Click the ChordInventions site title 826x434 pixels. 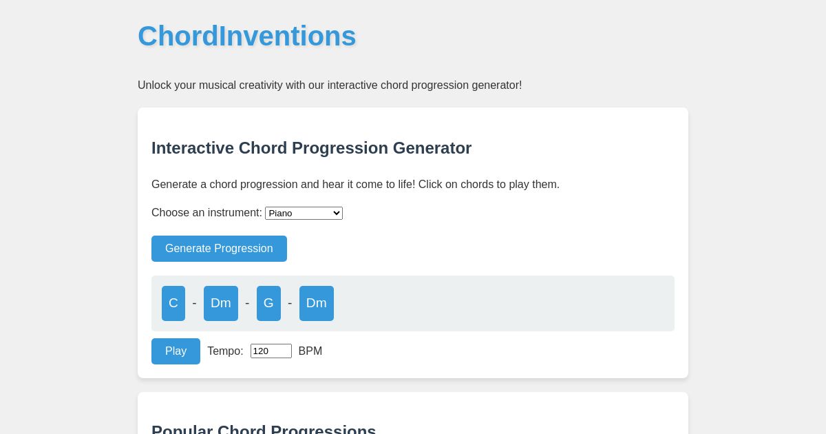point(246,37)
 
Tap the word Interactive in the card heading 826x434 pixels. point(193,148)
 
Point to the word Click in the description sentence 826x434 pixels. point(432,185)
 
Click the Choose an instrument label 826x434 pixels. point(206,213)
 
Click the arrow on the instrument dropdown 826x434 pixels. point(337,214)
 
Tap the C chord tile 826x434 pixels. point(173,303)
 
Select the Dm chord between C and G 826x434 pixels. point(221,303)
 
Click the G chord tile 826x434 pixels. point(268,303)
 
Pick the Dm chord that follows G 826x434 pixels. point(317,303)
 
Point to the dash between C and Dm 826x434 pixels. point(194,303)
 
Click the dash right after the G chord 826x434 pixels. point(290,303)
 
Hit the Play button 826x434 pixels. point(176,351)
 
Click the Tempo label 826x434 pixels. point(225,351)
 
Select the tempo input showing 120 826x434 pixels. point(271,351)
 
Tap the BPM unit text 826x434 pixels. point(310,351)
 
